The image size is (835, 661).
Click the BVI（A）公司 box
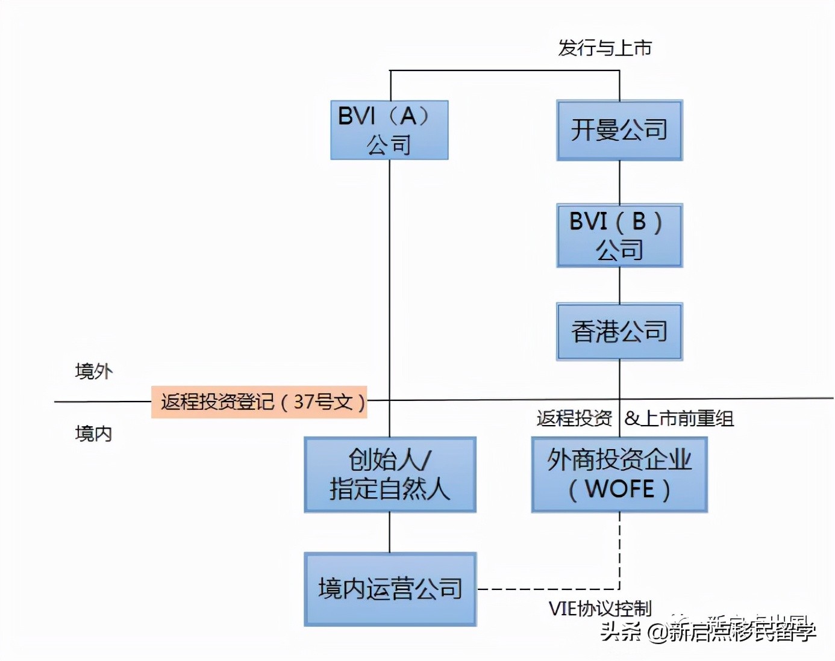click(389, 130)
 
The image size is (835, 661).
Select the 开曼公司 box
click(619, 130)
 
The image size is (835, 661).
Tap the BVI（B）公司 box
click(619, 235)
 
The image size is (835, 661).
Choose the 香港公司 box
click(619, 332)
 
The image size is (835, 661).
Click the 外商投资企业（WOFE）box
click(619, 474)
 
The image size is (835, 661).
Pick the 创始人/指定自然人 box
click(390, 474)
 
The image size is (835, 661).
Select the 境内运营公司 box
click(390, 589)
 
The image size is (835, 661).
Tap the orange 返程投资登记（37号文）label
click(259, 402)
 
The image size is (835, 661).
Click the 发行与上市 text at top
click(605, 48)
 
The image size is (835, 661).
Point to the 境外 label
click(94, 371)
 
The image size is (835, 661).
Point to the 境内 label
click(94, 433)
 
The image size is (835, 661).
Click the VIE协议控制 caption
click(600, 609)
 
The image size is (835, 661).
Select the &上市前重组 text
click(679, 418)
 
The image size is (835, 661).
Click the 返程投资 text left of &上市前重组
click(574, 418)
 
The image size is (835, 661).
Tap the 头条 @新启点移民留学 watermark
click(708, 632)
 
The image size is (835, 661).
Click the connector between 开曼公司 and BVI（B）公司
click(620, 182)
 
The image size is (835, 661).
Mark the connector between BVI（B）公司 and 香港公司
click(620, 285)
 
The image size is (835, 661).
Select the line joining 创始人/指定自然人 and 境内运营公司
click(390, 532)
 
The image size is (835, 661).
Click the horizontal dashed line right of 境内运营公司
click(548, 589)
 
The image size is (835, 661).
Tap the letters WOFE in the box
click(619, 489)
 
